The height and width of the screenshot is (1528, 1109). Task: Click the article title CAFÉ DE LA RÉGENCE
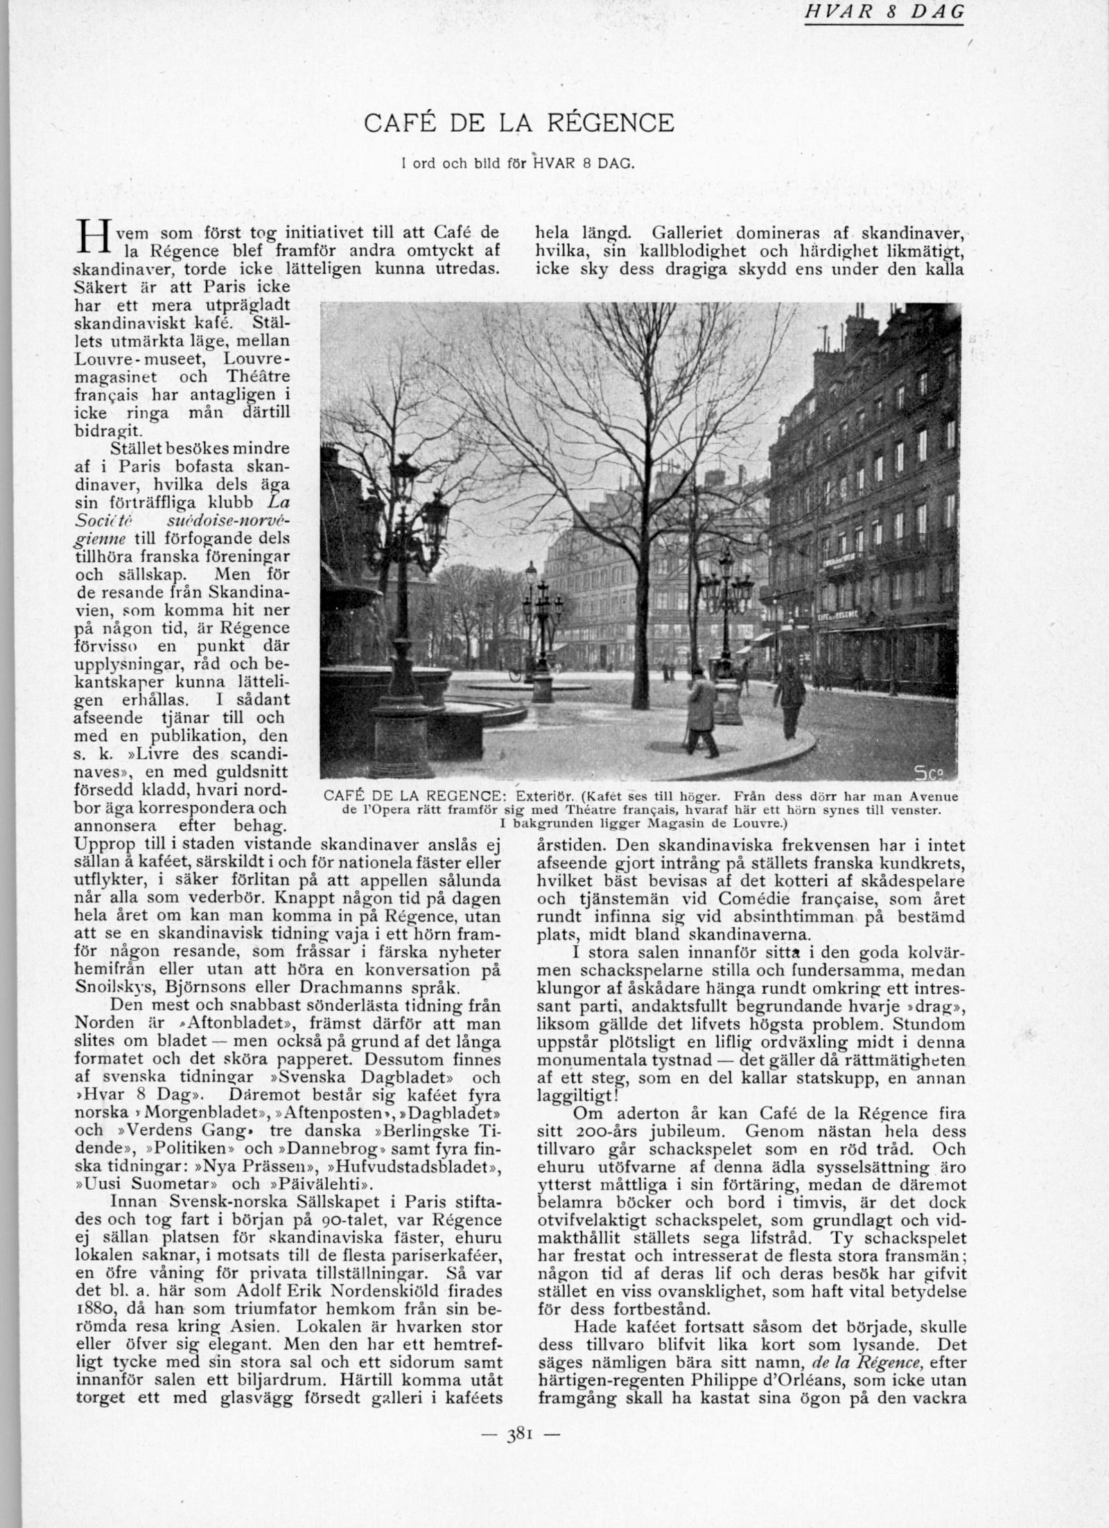click(518, 123)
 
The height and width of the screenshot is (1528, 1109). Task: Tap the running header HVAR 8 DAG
click(884, 12)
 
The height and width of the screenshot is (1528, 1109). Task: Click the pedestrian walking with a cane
click(699, 711)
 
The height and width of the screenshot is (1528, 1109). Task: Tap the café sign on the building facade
click(839, 614)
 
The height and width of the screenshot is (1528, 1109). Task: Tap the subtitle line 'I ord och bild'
click(518, 164)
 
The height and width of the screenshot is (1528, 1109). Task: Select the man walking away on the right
click(788, 699)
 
